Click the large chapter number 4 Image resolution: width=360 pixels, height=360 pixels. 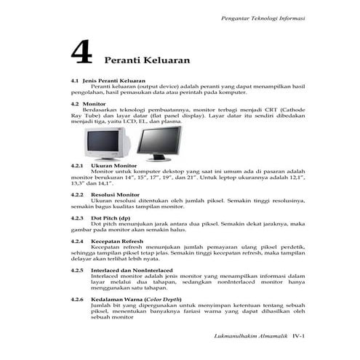point(81,53)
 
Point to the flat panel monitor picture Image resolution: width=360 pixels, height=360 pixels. point(159,143)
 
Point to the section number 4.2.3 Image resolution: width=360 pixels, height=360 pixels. point(76,217)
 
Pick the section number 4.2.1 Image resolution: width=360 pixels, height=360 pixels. point(76,166)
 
